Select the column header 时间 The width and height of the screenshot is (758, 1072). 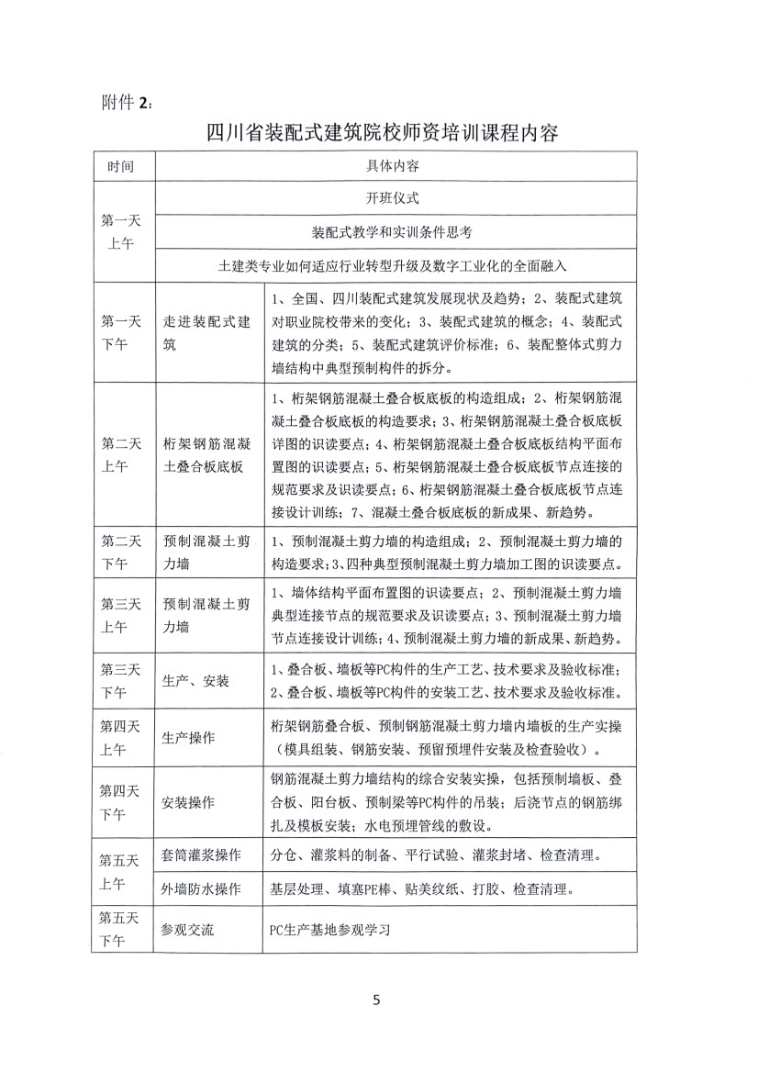pyautogui.click(x=121, y=168)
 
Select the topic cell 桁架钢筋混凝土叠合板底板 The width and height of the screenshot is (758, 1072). pyautogui.click(x=206, y=454)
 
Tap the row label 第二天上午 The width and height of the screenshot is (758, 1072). pyautogui.click(x=121, y=454)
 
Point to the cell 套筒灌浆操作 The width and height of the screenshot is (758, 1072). pyautogui.click(x=202, y=855)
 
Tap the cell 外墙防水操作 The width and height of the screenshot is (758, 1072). pyautogui.click(x=202, y=888)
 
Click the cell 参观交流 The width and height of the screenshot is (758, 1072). pyautogui.click(x=188, y=929)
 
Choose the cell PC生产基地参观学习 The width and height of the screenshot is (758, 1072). pyautogui.click(x=331, y=929)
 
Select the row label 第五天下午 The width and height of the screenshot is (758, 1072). pyautogui.click(x=121, y=929)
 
